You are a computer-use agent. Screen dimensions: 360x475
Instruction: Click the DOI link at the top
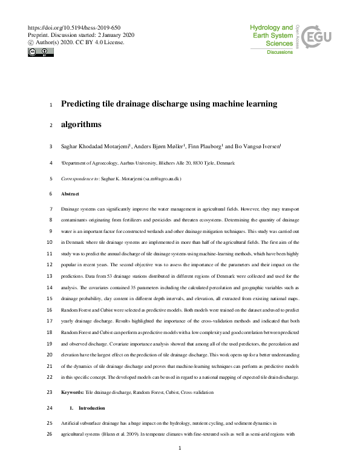(x=74, y=28)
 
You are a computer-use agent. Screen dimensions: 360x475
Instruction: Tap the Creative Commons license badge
(x=41, y=52)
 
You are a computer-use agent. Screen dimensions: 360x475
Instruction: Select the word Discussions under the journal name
(x=280, y=53)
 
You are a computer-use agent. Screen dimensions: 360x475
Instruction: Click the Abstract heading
(x=70, y=194)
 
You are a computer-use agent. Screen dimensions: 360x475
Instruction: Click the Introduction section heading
(x=91, y=408)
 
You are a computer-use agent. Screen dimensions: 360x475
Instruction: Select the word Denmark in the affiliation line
(x=226, y=163)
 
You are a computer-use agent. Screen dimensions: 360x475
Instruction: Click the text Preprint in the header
(x=40, y=35)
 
